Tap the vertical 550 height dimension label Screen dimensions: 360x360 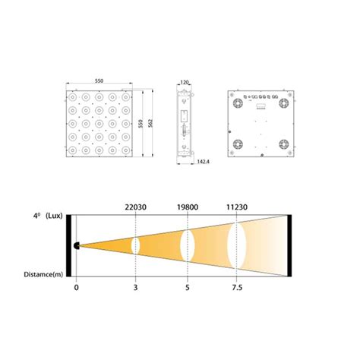141,124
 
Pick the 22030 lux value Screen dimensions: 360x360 135,205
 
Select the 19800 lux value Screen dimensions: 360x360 187,205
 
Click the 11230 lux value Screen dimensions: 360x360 237,205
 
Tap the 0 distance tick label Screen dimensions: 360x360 76,288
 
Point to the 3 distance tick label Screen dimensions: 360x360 135,288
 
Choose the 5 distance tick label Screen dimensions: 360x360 187,288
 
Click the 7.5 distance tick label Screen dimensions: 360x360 237,288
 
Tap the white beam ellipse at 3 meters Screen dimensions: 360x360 135,245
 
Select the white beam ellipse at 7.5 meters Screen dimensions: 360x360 237,245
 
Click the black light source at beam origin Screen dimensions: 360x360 77,245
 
